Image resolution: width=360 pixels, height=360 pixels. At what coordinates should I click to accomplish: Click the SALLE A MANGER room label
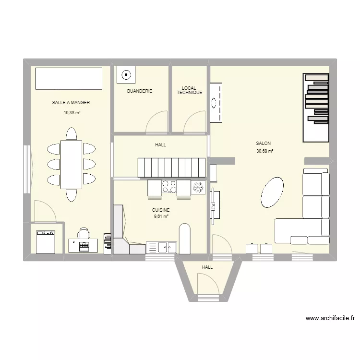(71, 102)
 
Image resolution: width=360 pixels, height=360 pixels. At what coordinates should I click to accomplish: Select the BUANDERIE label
(139, 91)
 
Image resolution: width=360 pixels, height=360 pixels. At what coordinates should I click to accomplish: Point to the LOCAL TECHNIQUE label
(189, 90)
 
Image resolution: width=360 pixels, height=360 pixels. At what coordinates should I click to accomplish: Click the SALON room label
(263, 143)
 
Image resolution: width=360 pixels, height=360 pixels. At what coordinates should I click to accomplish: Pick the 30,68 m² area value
(264, 151)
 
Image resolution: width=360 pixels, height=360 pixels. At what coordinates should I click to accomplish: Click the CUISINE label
(161, 210)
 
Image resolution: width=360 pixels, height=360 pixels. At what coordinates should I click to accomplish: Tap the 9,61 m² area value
(161, 216)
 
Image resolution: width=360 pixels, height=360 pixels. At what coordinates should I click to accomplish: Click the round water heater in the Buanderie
(126, 75)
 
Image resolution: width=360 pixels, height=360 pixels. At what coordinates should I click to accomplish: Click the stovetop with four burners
(168, 186)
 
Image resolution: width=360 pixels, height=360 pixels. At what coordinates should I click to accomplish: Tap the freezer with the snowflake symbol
(198, 187)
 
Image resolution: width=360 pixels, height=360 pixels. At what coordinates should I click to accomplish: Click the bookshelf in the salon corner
(316, 108)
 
